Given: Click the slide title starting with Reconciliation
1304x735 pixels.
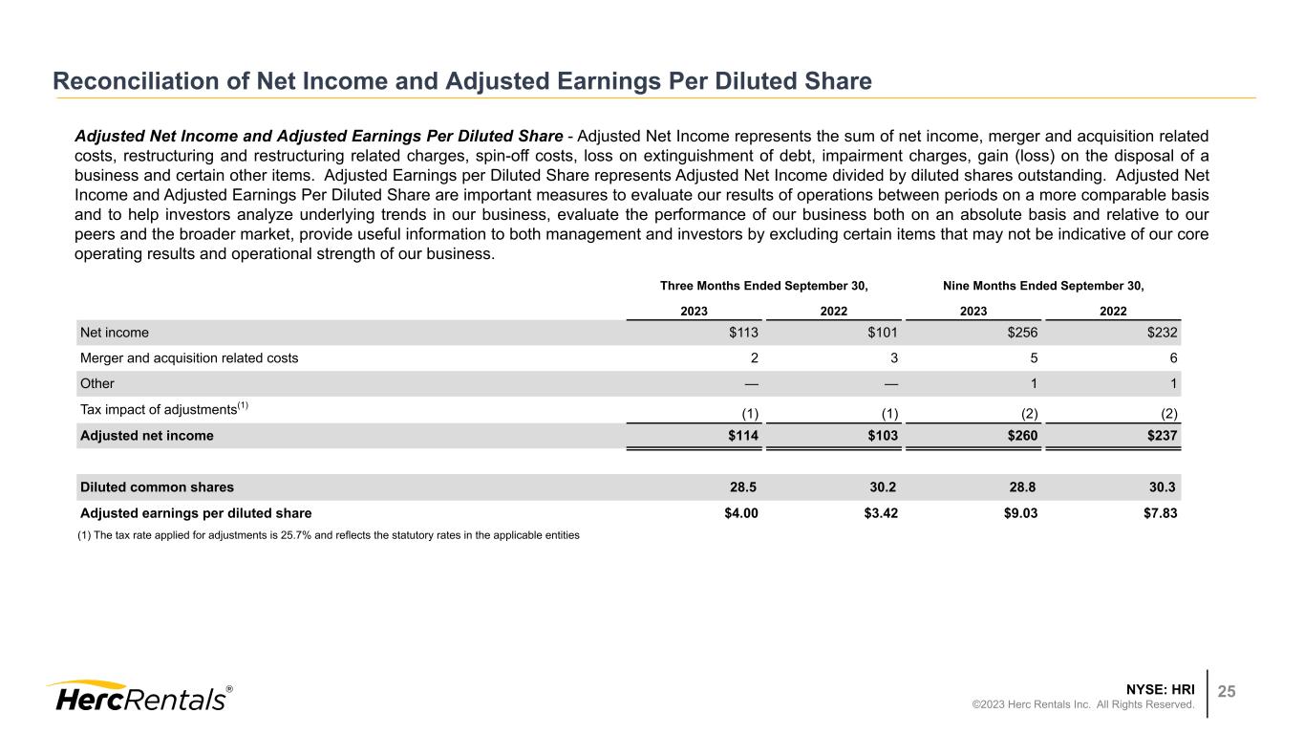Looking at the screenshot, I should tap(462, 82).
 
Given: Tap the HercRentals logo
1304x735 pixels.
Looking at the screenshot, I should tap(139, 697).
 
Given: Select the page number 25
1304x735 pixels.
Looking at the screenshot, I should tap(1227, 692).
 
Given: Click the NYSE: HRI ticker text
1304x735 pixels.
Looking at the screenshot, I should tap(1162, 688).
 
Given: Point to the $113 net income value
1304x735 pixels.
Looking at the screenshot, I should tap(742, 333).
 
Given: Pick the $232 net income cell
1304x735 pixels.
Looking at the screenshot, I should tap(1161, 333).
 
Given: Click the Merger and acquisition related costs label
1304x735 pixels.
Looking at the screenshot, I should tap(189, 358).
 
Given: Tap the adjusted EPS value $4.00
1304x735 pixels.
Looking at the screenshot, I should tap(741, 512).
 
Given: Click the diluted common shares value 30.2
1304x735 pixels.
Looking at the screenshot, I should tap(880, 486).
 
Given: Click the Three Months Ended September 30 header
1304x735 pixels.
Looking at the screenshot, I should tap(764, 286).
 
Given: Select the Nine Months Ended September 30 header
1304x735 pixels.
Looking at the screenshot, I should tap(1043, 286).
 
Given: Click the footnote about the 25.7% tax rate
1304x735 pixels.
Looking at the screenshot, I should tap(328, 535).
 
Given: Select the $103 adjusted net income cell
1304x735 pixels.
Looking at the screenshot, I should tap(880, 436).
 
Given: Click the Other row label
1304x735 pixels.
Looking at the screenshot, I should tap(97, 384).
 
